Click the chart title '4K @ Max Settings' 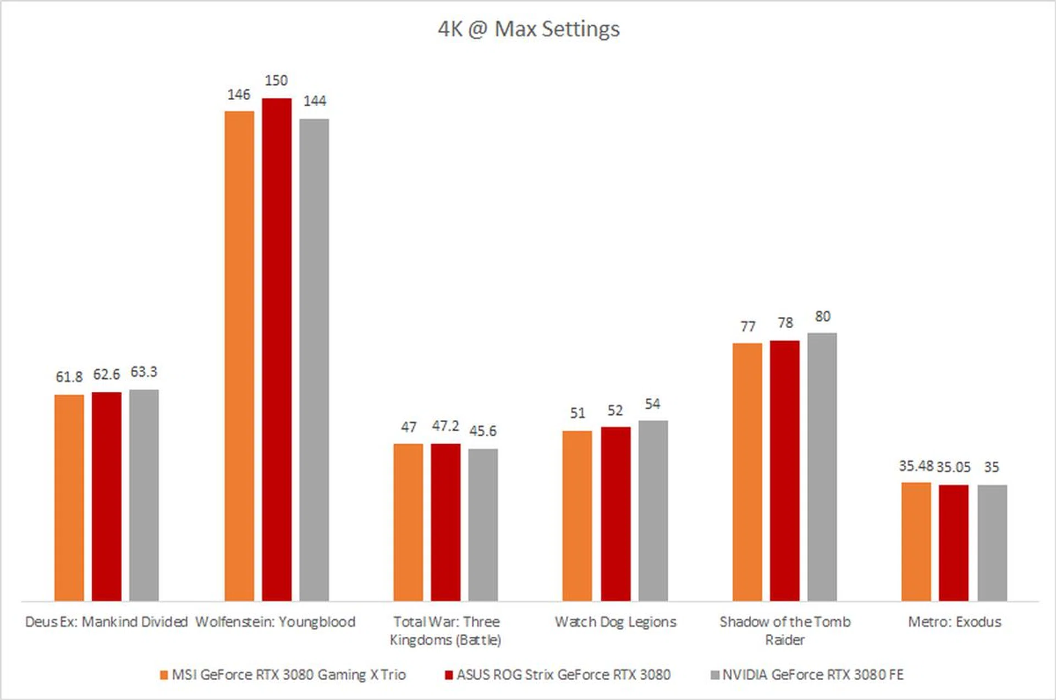529,29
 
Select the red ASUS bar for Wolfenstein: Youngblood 277,349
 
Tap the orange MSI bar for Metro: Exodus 916,542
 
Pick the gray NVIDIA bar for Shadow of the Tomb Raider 822,467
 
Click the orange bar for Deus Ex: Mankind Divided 69,497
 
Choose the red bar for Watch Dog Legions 615,513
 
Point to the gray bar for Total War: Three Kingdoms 483,524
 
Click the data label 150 276,81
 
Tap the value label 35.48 916,466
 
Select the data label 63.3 144,373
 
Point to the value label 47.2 445,426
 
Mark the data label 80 823,316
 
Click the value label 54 652,404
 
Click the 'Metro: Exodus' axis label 954,622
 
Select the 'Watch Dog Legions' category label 615,622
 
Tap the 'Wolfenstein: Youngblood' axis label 276,622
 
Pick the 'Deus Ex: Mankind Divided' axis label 106,622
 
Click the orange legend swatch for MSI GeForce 164,675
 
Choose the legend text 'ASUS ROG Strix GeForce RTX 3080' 563,675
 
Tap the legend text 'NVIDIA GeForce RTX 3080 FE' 813,675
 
